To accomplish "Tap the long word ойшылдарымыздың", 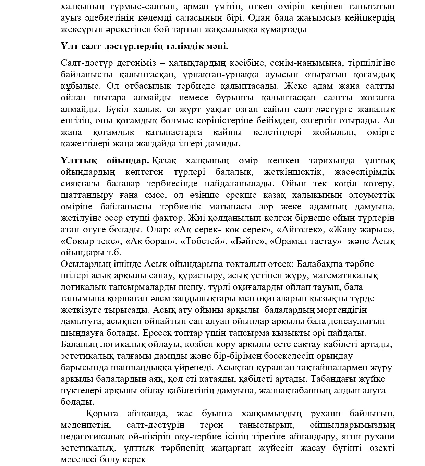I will pos(352,425).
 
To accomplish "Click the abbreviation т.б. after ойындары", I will pos(112,253).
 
